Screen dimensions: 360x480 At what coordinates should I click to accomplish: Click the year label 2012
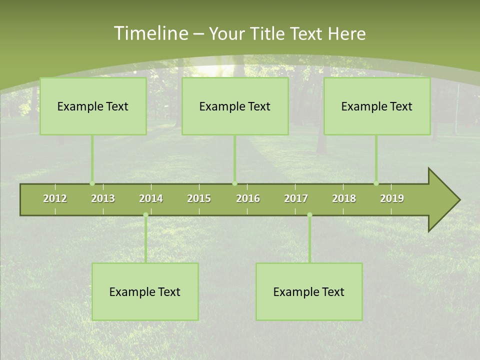point(55,198)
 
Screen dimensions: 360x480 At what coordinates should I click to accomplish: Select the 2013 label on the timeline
point(103,198)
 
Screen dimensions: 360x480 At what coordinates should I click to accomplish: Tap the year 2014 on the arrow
point(151,198)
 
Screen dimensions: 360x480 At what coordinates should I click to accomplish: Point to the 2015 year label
point(199,198)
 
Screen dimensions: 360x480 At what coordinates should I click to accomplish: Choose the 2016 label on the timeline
point(248,198)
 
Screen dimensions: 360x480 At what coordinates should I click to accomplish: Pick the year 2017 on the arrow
point(296,198)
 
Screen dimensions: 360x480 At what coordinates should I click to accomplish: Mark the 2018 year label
point(344,198)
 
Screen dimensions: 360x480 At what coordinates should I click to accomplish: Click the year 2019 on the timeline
point(392,198)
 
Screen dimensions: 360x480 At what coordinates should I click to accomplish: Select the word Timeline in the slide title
point(150,33)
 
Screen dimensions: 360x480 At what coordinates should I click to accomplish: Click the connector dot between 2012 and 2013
point(92,183)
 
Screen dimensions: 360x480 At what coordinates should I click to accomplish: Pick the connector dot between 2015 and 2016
point(235,183)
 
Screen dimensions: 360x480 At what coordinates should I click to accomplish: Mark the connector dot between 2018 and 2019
point(376,183)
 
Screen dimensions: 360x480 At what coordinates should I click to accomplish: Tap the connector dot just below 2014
point(145,214)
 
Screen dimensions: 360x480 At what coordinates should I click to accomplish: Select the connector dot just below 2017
point(309,214)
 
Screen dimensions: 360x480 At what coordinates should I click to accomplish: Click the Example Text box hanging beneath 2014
point(145,291)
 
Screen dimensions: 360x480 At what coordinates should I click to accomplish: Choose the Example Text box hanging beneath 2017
point(309,291)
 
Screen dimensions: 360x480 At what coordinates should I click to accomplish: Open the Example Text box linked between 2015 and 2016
point(235,106)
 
